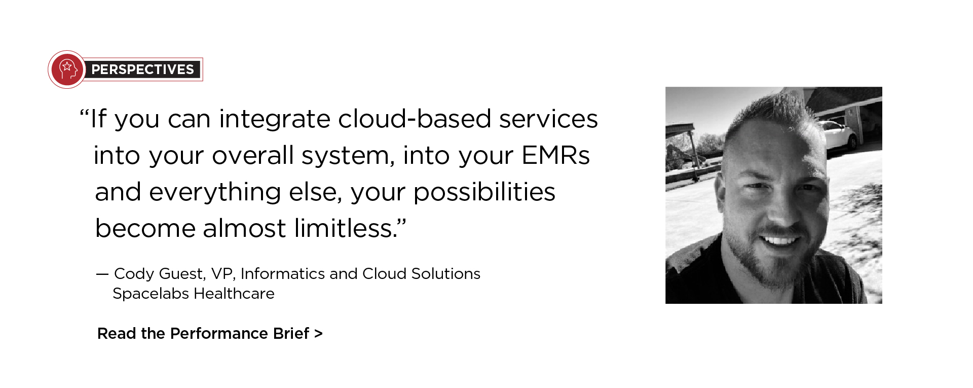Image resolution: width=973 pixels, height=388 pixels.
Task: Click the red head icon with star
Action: [x=67, y=69]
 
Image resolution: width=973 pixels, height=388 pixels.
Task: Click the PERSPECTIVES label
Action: [x=142, y=69]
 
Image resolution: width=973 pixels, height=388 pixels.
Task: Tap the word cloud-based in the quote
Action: [x=415, y=119]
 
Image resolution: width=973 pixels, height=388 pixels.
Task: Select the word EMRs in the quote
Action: [x=555, y=155]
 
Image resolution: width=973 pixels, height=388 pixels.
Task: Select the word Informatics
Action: [x=283, y=273]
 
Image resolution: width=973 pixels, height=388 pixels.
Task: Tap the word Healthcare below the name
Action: [x=234, y=294]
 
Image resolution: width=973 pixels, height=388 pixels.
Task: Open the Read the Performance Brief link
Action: [x=210, y=333]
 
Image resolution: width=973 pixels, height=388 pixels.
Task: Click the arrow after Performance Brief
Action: [x=318, y=334]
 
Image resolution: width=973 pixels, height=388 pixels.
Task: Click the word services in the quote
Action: [x=548, y=119]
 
